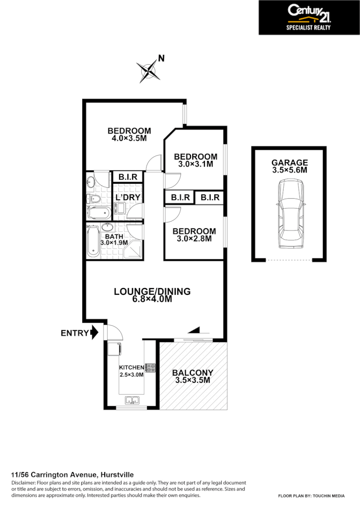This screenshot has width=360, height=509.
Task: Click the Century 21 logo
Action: (x=309, y=17)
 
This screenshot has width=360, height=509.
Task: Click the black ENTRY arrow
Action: (x=94, y=332)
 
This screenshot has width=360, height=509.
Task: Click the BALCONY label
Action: (x=192, y=373)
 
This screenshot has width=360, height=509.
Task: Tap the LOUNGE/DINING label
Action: (x=152, y=291)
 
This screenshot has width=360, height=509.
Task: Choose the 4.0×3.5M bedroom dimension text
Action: (x=129, y=138)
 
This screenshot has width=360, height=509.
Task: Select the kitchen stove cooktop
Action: (x=150, y=368)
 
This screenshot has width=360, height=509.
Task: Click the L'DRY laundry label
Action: (x=127, y=197)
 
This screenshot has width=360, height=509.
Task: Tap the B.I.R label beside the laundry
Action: (x=128, y=177)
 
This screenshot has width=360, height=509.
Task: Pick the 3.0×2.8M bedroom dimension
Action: (x=195, y=238)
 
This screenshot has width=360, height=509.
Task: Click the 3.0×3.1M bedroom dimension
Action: (x=195, y=164)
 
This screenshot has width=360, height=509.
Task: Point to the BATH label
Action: (x=114, y=236)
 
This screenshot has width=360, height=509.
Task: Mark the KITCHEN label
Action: (x=132, y=368)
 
